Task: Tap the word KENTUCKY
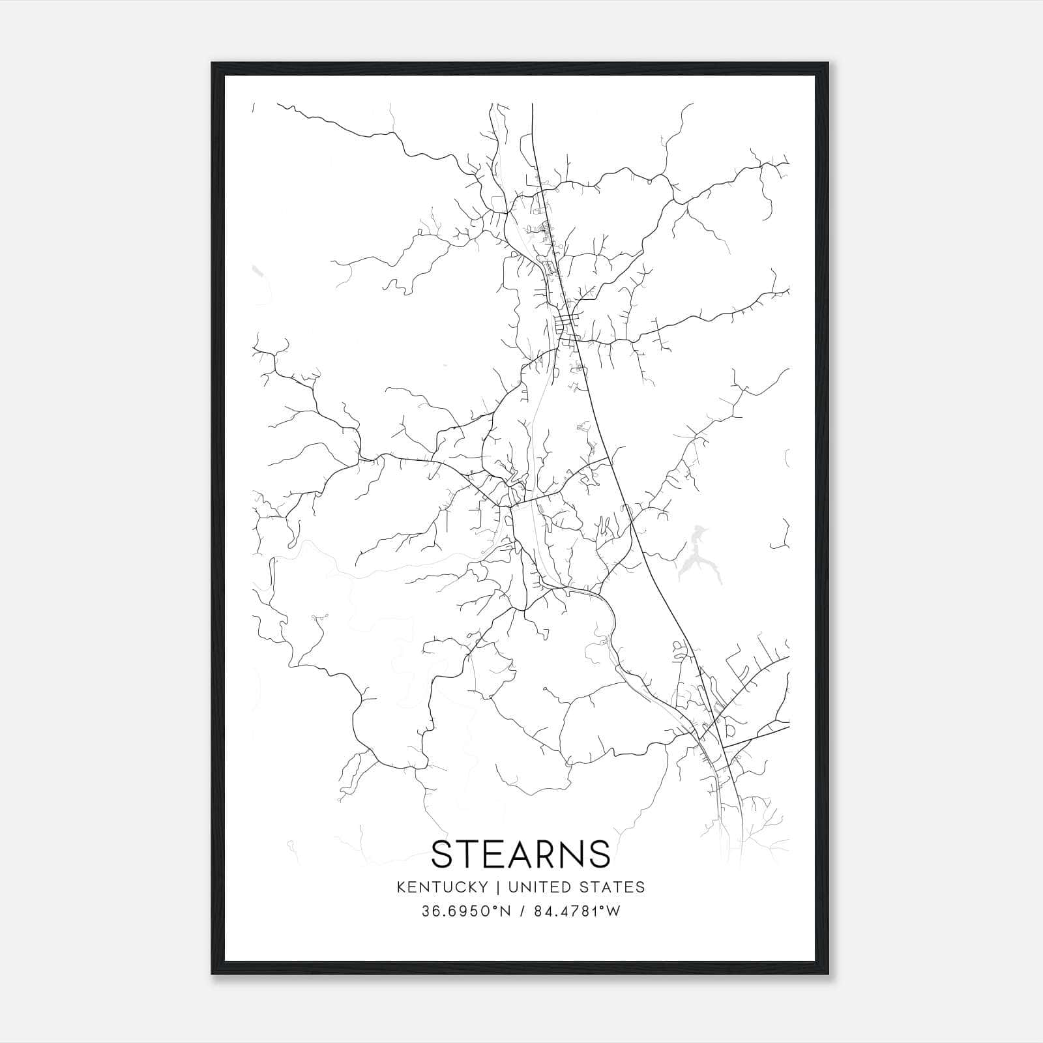tap(450, 887)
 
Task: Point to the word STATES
tap(614, 887)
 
